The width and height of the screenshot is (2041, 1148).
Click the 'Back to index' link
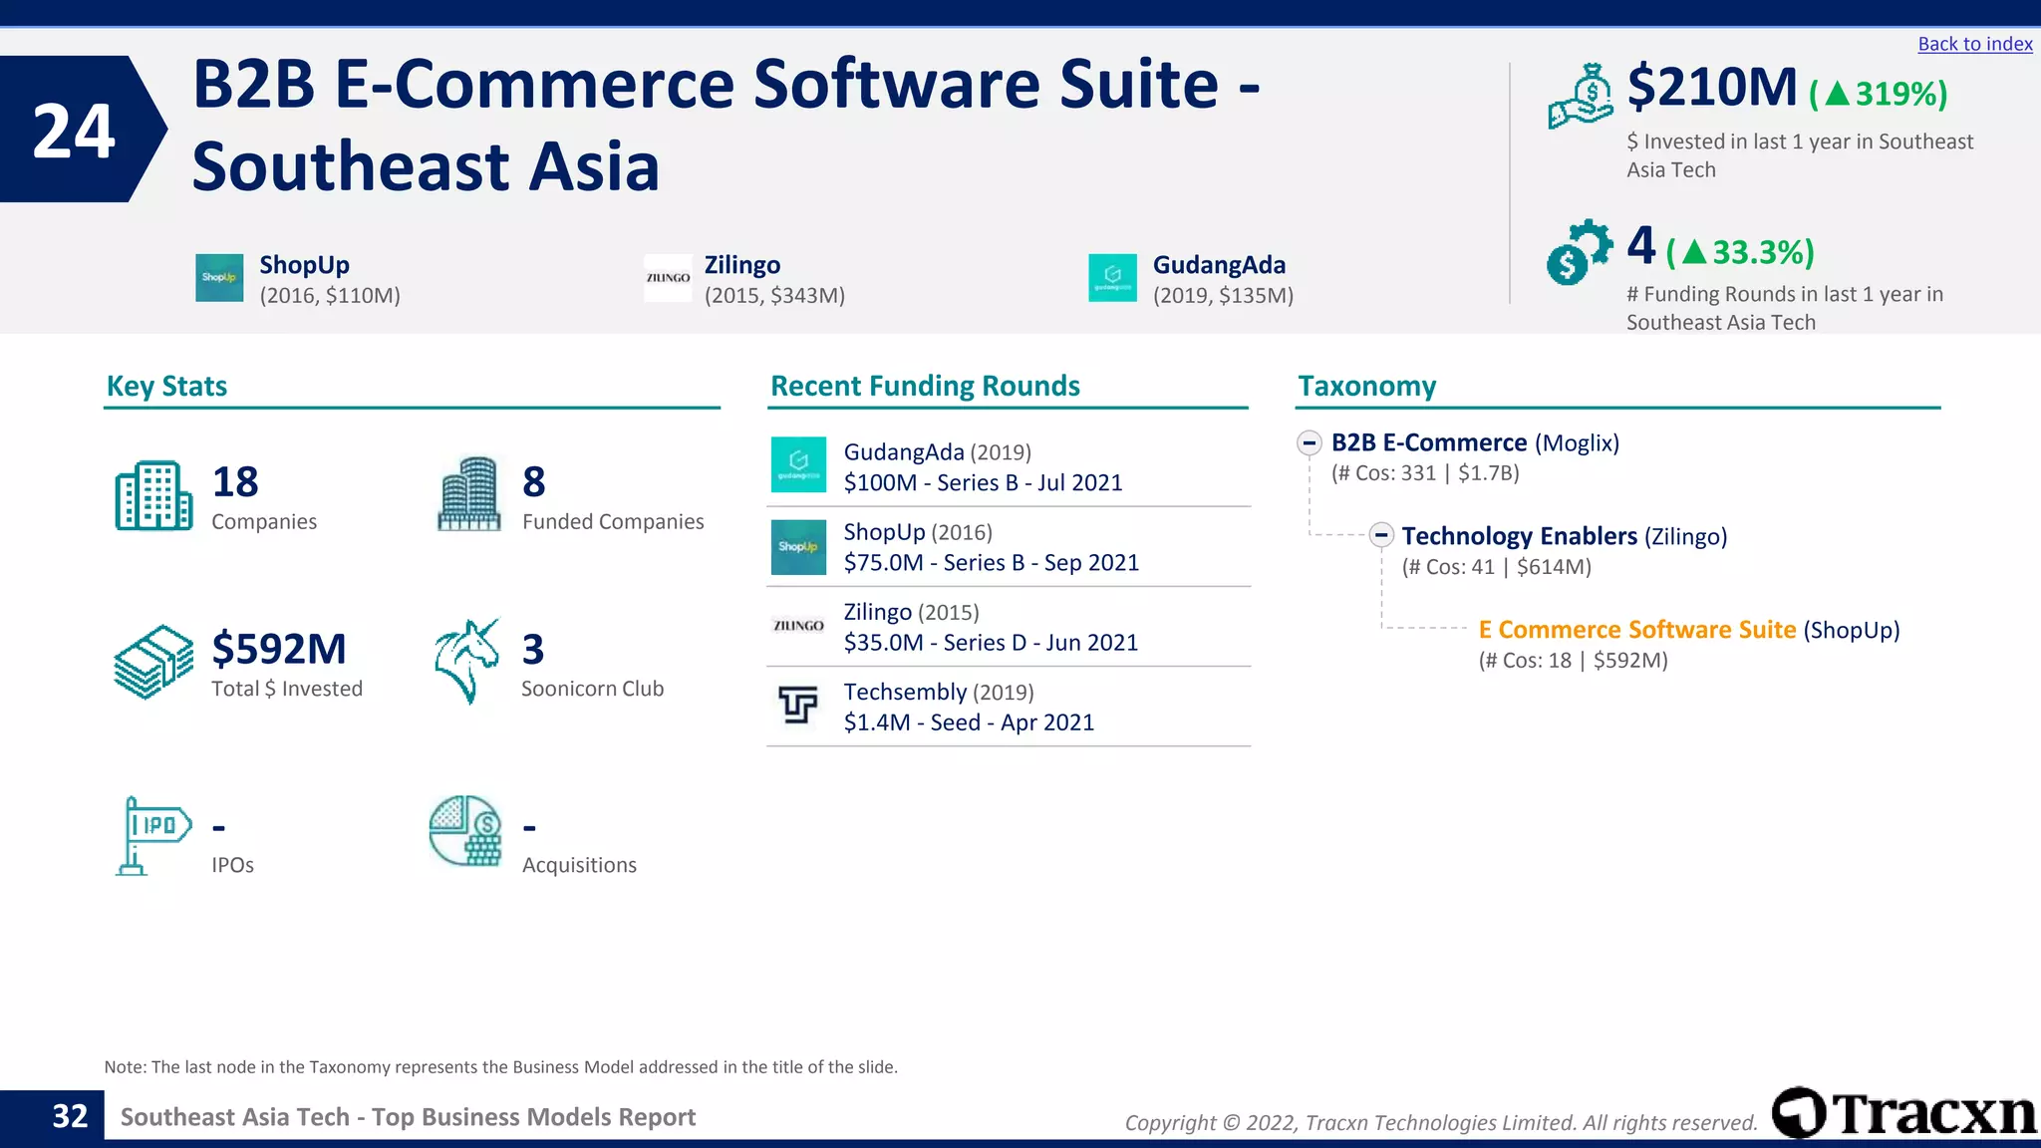(x=1974, y=44)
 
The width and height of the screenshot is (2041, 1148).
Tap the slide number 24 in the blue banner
(x=74, y=131)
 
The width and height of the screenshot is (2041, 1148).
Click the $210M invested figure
(x=1711, y=88)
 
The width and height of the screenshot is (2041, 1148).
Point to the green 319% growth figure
(x=1879, y=95)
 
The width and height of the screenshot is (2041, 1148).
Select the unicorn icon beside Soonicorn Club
(x=466, y=661)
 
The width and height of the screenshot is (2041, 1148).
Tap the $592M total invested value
(x=279, y=649)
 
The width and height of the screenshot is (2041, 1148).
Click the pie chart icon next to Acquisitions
(x=465, y=831)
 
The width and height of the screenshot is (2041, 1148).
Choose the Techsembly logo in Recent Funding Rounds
(x=797, y=706)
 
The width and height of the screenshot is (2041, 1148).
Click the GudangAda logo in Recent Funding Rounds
(x=798, y=464)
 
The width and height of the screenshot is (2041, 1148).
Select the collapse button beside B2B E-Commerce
(x=1310, y=442)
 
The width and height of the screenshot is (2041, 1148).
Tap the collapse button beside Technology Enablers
(x=1380, y=535)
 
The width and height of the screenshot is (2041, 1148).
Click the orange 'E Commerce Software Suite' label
(x=1636, y=630)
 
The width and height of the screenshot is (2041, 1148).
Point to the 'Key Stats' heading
(x=166, y=386)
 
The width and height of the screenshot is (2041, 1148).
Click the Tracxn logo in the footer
(x=1903, y=1113)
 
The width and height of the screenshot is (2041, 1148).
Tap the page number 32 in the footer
(x=70, y=1116)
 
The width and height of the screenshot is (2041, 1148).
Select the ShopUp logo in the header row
(x=219, y=278)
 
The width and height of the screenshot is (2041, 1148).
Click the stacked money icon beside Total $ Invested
(x=153, y=662)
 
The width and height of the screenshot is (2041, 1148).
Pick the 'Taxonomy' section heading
(x=1366, y=386)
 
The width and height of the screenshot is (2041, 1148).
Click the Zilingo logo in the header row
(x=668, y=278)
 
